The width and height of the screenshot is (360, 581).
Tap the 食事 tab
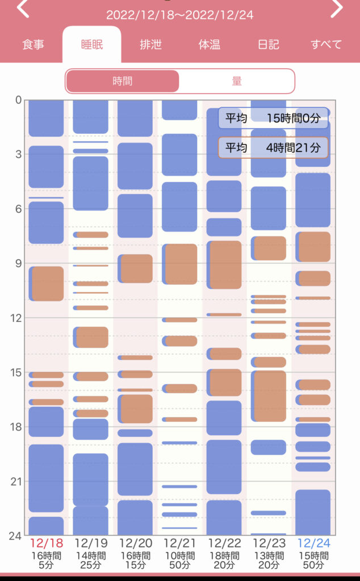coord(33,45)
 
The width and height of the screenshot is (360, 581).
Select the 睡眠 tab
coord(91,45)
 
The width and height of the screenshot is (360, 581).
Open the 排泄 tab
coord(150,45)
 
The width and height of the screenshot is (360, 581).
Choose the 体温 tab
coord(209,45)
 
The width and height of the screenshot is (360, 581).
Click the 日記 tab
coord(268,45)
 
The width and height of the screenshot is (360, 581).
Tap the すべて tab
coord(326,45)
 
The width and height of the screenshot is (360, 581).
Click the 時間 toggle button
coord(123,81)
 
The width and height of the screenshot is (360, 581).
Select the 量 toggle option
coord(237,81)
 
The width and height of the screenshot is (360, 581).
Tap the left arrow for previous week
coord(23,9)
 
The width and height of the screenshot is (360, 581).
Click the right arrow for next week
coord(337,9)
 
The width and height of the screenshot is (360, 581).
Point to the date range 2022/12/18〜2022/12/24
coord(179,15)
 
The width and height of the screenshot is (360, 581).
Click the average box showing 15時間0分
coord(273,119)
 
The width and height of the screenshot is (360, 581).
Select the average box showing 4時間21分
coord(273,148)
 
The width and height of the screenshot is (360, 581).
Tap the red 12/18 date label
coord(47,544)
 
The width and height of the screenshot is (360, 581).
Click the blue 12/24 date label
coord(313,544)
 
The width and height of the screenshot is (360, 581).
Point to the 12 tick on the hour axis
coord(16,318)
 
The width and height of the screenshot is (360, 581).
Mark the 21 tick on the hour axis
coord(16,481)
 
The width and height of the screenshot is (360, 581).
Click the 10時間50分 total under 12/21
coord(179,561)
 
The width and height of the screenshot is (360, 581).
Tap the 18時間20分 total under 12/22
coord(224,561)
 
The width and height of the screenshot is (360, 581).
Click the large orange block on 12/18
coord(47,284)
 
